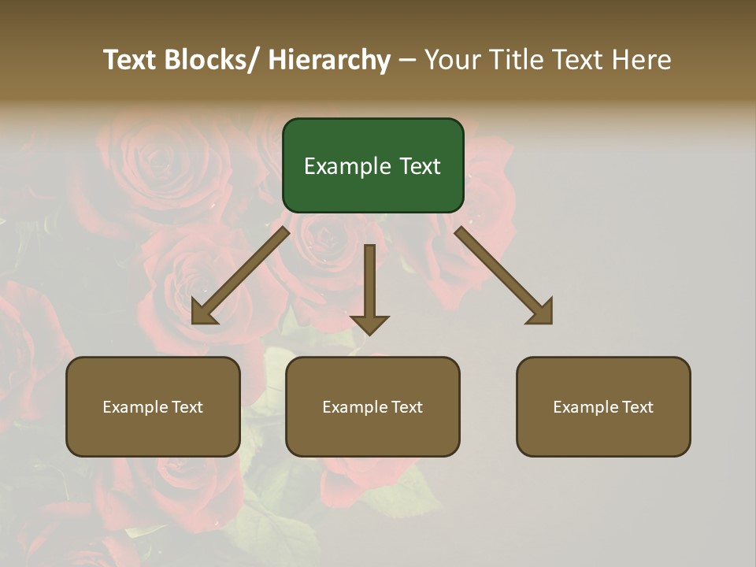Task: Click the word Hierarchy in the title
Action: coord(328,60)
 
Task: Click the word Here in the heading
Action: coord(639,60)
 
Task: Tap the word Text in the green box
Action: coord(420,166)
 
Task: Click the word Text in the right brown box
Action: coord(637,407)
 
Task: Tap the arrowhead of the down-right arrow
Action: coord(543,313)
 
